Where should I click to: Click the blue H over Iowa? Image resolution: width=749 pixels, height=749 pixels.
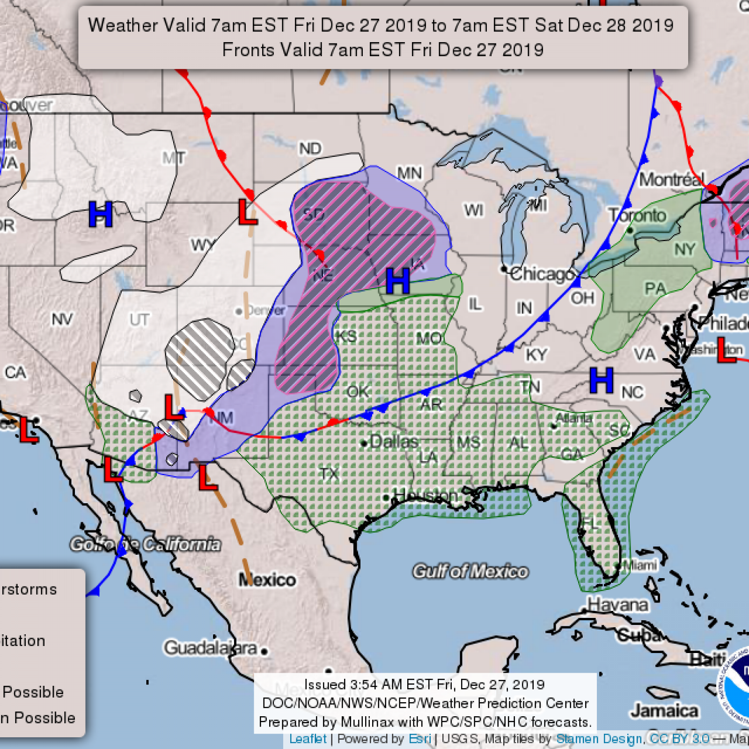[x=397, y=281]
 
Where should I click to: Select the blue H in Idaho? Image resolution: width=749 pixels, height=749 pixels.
[x=101, y=214]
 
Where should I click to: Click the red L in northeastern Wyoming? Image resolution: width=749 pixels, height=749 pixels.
[x=247, y=212]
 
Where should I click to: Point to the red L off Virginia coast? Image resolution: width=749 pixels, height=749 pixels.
[x=726, y=350]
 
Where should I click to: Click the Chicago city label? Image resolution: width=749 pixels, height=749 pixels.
[x=542, y=274]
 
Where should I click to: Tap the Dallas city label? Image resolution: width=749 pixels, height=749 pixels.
[x=393, y=441]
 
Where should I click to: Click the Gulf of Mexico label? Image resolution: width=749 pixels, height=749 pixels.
[x=470, y=572]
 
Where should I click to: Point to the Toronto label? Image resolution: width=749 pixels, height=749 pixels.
[x=638, y=215]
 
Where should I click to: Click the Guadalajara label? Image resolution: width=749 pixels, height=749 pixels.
[x=211, y=648]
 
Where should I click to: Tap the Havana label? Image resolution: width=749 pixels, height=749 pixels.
[x=618, y=605]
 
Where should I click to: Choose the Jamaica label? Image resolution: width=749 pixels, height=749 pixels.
[x=664, y=711]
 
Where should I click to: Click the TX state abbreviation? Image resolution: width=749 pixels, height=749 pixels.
[x=330, y=474]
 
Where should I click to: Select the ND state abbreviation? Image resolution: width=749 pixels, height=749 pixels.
[x=310, y=149]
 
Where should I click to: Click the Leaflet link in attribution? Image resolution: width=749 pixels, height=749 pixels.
[x=308, y=739]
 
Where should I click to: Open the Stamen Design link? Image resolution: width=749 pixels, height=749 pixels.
[x=599, y=739]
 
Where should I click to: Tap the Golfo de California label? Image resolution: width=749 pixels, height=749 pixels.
[x=145, y=544]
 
